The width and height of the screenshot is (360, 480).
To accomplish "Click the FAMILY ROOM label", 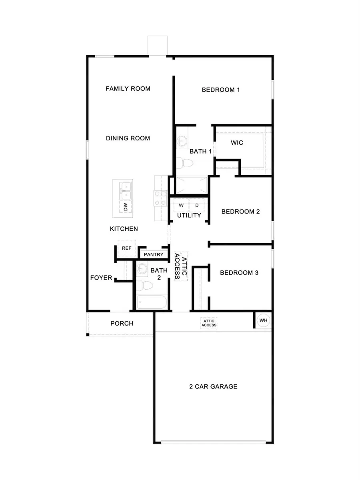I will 128,88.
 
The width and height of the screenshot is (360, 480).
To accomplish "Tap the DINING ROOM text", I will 128,138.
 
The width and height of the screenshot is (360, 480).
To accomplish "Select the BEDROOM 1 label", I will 220,90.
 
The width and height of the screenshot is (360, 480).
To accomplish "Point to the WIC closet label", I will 237,143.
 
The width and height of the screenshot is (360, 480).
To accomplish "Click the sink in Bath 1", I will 182,141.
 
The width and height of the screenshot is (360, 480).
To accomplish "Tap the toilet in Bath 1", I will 185,163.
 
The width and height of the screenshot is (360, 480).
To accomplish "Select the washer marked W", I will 181,205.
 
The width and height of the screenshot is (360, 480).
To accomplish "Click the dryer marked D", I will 197,205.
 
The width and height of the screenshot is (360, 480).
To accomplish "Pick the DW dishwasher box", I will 126,207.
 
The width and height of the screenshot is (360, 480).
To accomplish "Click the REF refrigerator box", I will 126,248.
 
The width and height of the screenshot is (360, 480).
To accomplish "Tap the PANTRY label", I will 153,254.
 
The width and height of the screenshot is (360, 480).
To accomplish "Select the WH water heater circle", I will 263,320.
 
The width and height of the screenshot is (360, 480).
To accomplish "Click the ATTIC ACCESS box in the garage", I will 209,323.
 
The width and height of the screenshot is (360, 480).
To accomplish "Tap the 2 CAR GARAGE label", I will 213,387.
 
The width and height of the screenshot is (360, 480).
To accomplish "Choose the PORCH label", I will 122,323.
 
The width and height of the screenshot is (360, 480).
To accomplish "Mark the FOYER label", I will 101,278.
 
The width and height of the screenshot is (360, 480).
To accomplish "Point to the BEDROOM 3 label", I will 239,273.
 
